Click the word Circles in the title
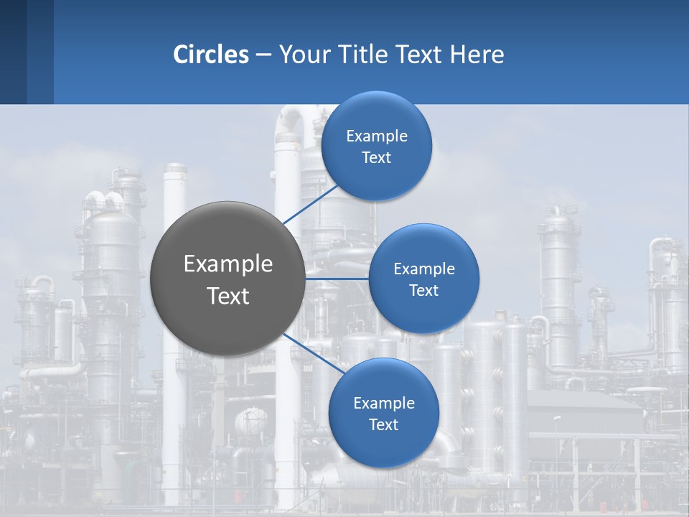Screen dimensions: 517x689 [211, 55]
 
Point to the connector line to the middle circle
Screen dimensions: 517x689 [337, 279]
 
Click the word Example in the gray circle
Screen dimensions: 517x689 [228, 264]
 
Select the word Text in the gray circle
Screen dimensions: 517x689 [228, 296]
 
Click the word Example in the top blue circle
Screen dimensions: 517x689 [377, 136]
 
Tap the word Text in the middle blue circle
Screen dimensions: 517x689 [423, 291]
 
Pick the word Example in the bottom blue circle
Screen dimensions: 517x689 [384, 404]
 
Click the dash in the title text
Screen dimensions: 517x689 [263, 55]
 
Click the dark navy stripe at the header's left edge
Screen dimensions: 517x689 [13, 52]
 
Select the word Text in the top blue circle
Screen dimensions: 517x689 [377, 158]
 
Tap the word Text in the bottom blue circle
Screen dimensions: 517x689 [384, 425]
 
